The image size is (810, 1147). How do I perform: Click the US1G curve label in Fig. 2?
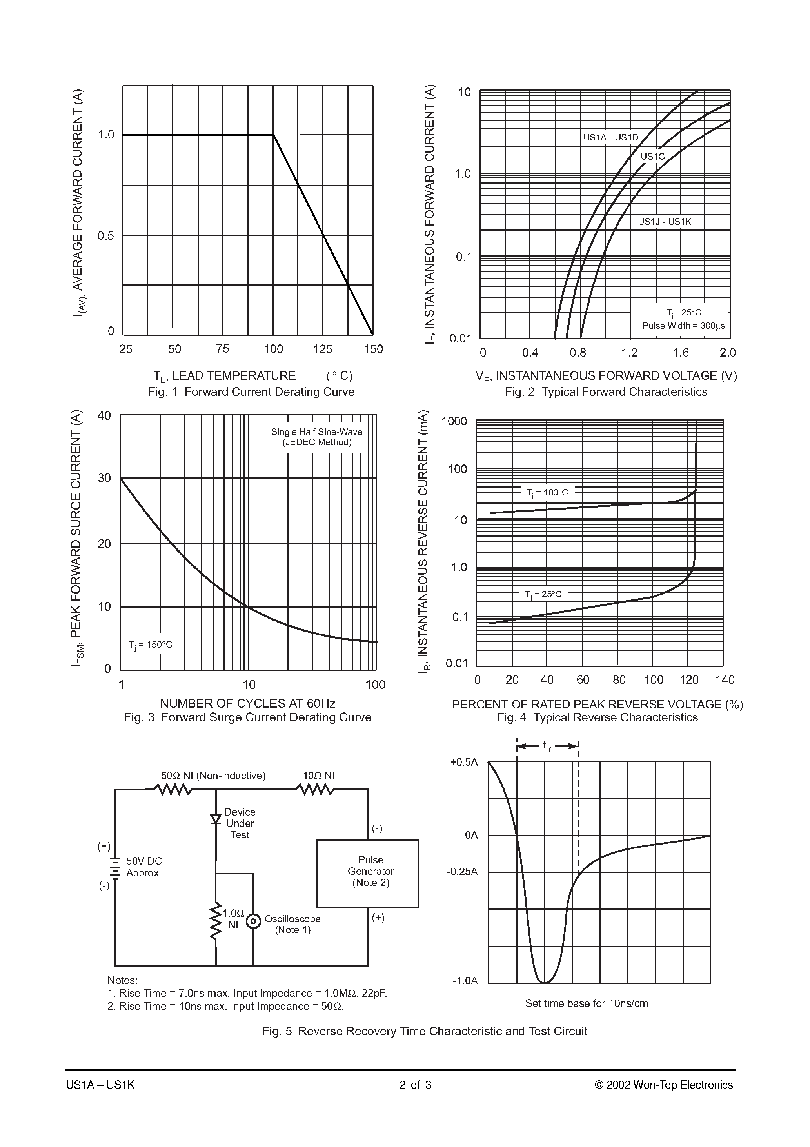pos(653,157)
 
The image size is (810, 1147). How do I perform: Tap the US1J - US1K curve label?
pos(664,222)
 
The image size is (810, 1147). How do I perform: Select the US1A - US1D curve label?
pos(611,137)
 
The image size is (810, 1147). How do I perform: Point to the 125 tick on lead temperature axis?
pos(323,349)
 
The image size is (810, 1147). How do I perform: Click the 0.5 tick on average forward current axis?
pos(106,236)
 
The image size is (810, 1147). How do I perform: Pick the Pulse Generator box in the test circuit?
pos(367,873)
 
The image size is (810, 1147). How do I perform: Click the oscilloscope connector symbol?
pos(254,921)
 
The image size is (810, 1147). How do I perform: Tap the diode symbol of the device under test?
pos(216,819)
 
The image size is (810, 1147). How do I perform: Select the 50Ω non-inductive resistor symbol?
pos(172,789)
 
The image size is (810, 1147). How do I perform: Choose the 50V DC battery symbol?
pos(115,868)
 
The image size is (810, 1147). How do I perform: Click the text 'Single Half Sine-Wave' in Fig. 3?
pos(317,431)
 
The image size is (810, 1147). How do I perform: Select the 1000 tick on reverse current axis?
pos(454,421)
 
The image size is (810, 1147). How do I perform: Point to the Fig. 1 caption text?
pos(251,391)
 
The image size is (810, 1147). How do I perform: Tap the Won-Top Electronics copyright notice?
pos(664,1085)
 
